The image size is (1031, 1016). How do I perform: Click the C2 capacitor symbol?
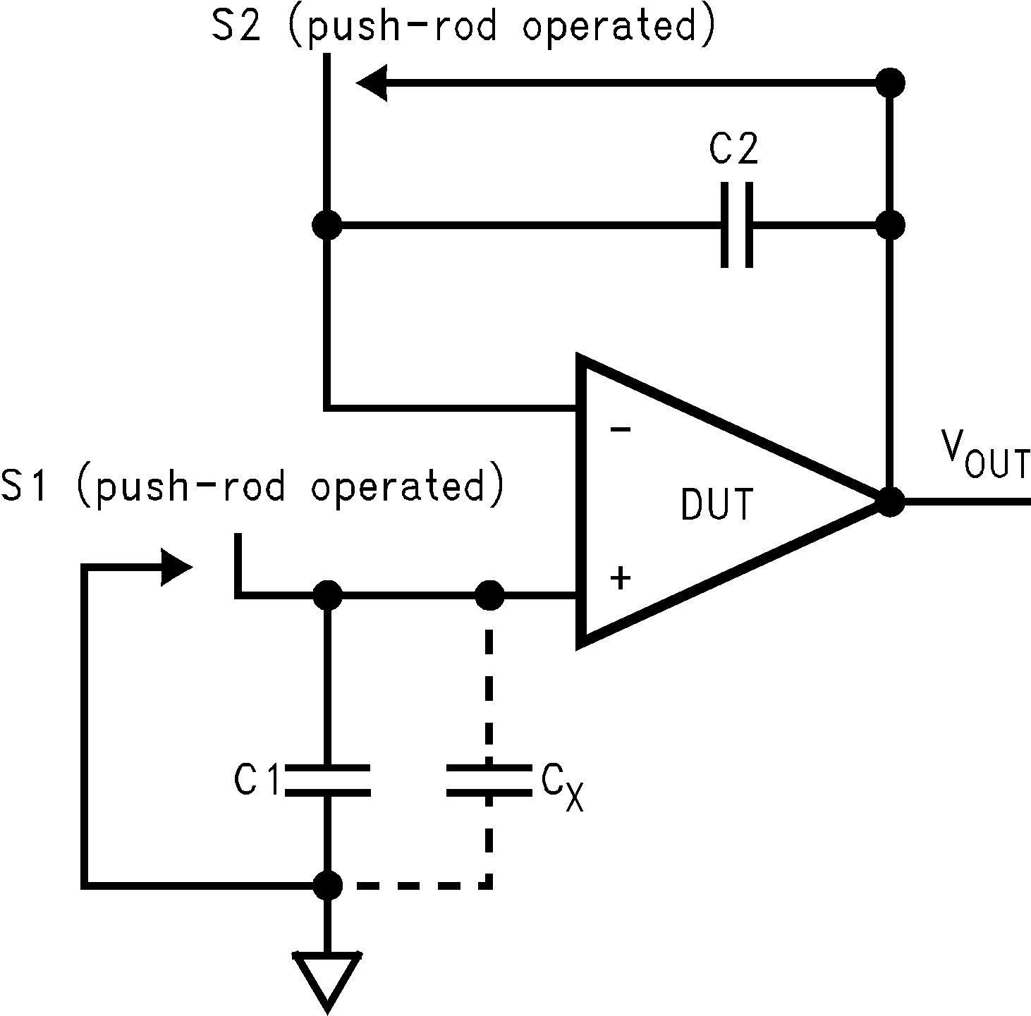[737, 226]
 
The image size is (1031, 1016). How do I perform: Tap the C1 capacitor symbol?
[327, 780]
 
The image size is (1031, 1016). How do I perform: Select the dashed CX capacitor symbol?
[489, 780]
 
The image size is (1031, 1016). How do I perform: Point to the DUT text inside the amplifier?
[717, 503]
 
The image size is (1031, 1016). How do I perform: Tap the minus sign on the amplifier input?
[620, 429]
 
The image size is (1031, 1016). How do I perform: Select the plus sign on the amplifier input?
[620, 578]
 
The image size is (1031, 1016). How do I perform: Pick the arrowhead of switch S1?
[176, 567]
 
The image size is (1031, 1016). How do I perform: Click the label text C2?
[733, 149]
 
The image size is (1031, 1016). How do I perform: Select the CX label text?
[562, 786]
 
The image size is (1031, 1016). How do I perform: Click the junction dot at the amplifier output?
[890, 501]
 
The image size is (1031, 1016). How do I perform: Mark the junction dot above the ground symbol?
[327, 884]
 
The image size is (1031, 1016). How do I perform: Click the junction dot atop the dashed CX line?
[489, 596]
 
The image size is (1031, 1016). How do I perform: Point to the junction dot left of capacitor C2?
[327, 226]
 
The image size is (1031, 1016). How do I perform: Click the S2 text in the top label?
[235, 27]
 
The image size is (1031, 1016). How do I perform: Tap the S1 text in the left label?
[25, 486]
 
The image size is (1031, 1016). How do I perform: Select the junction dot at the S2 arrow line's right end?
[890, 82]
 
